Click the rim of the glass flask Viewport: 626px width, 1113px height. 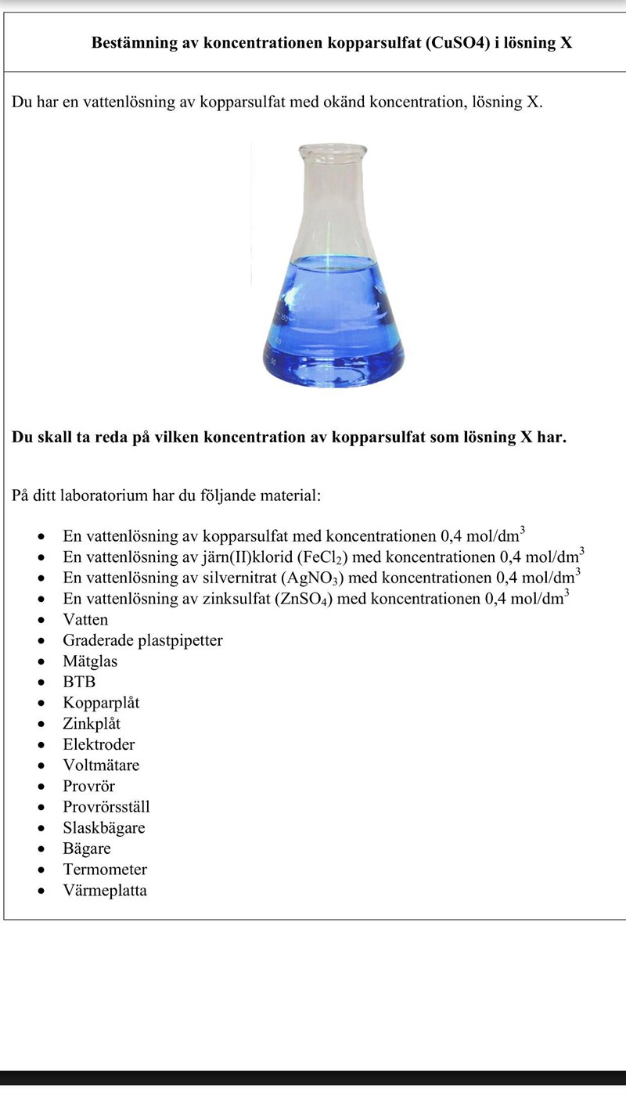point(332,148)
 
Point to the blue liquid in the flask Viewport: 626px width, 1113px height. point(333,329)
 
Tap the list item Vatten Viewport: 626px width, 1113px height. point(85,620)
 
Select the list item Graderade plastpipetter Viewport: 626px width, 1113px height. point(142,640)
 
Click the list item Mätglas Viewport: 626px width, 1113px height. point(90,661)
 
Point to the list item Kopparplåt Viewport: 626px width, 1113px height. point(101,703)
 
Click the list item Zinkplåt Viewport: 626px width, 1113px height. point(92,724)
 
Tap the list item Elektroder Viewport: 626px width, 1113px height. point(99,744)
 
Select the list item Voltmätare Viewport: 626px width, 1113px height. point(101,765)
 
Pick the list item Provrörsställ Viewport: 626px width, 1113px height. point(106,807)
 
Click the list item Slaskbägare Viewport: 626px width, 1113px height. point(103,828)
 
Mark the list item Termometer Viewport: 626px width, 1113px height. point(105,870)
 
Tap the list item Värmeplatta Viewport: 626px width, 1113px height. point(105,891)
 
